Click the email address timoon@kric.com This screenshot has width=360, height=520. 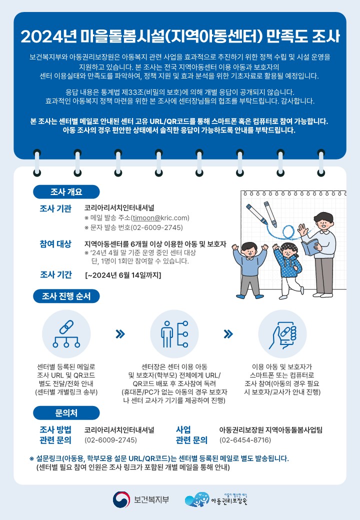click(161, 218)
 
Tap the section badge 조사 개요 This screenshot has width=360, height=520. click(66, 191)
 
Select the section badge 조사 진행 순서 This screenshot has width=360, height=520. click(66, 296)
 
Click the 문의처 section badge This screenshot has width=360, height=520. click(66, 413)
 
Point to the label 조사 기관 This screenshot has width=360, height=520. click(55, 208)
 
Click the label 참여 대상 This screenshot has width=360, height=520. click(55, 244)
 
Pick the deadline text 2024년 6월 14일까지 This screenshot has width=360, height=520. click(123, 275)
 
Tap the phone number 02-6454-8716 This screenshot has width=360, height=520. click(245, 440)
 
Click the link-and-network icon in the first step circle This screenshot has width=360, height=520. click(66, 333)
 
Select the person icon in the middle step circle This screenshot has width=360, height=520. click(166, 334)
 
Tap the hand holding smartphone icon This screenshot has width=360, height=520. click(283, 335)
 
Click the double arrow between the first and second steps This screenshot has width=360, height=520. click(120, 333)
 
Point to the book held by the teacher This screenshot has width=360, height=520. click(310, 246)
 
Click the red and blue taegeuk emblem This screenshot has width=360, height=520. click(121, 500)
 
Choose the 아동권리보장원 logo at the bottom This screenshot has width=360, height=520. click(216, 499)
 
